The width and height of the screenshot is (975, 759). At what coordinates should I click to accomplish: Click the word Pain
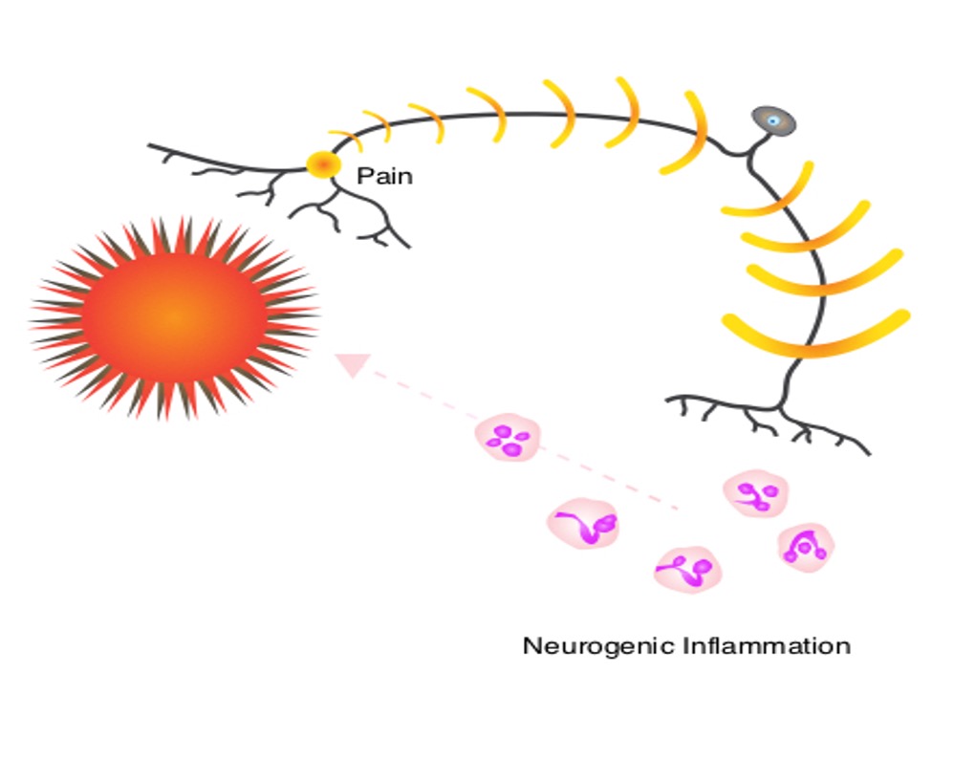click(384, 176)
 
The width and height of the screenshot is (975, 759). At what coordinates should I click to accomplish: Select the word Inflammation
click(767, 646)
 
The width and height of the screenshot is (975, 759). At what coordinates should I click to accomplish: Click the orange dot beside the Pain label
click(323, 164)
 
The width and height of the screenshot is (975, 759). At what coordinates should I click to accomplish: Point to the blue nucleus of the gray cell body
click(773, 120)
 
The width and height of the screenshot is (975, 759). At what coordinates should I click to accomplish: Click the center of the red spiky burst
click(175, 317)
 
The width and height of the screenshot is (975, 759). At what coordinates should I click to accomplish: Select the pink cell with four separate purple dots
click(508, 437)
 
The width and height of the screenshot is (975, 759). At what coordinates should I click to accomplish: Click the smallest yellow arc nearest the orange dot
click(346, 140)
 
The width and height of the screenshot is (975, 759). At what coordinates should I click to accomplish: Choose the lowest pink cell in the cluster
click(687, 570)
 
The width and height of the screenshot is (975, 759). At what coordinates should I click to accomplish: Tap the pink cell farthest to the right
click(806, 547)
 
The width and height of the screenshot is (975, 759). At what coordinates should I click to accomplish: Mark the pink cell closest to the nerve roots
click(755, 493)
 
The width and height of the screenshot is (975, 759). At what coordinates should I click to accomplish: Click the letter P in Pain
click(363, 176)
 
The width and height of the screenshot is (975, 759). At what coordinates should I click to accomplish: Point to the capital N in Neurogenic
click(531, 645)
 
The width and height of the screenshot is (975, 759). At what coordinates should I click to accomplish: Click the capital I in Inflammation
click(686, 645)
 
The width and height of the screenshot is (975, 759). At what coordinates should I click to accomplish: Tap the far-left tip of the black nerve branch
click(148, 145)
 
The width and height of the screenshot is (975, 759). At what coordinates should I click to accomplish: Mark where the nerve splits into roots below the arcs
click(780, 408)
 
